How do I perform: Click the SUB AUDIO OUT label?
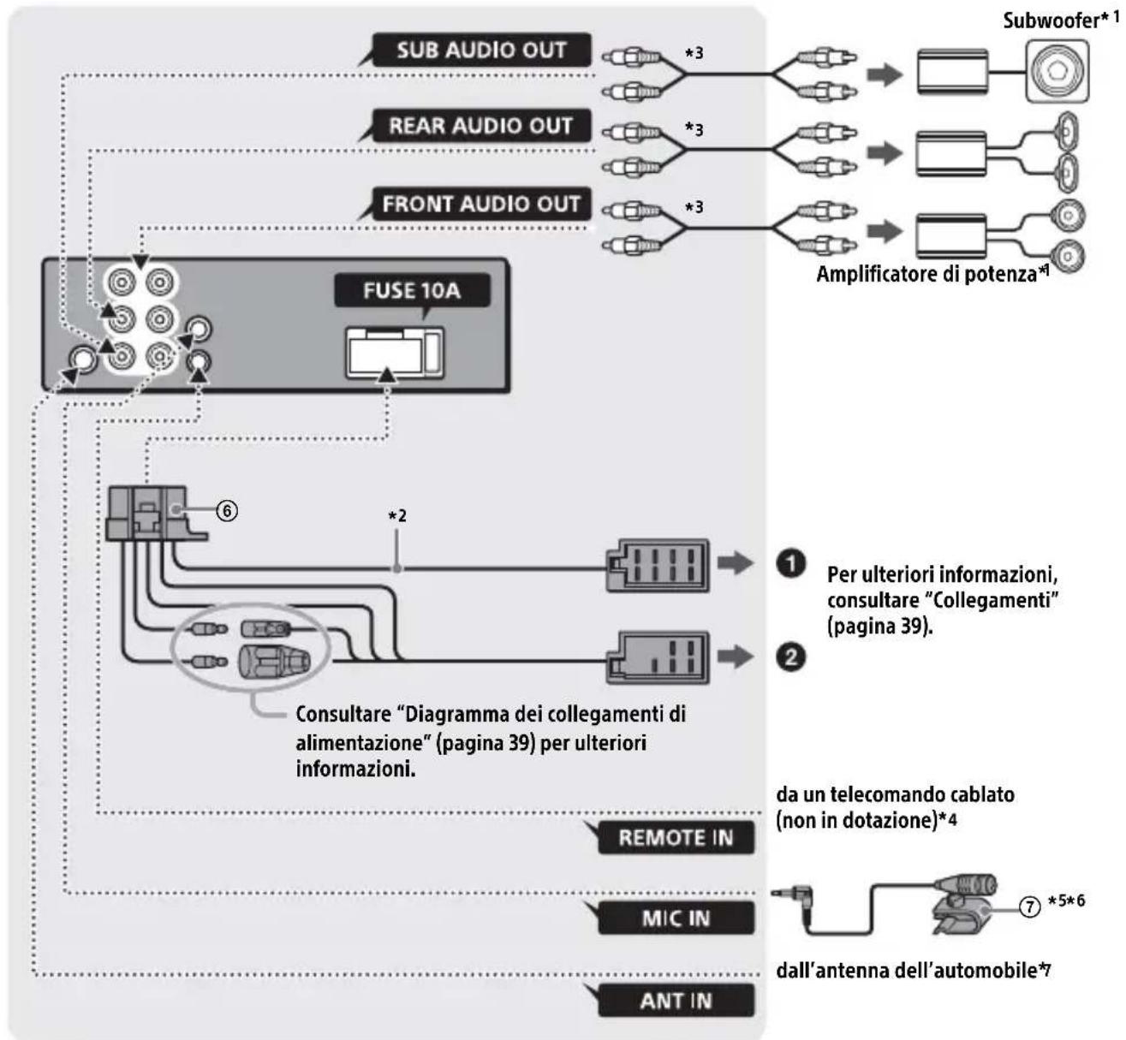[481, 50]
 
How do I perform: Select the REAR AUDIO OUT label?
[480, 125]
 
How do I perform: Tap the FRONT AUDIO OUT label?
[480, 204]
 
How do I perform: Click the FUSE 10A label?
[412, 290]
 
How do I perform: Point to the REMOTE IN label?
[676, 837]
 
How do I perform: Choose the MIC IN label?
[676, 918]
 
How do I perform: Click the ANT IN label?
[676, 1001]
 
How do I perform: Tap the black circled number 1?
[791, 564]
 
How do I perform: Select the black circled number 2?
[791, 657]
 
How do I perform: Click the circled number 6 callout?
[227, 511]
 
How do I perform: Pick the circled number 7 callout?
[1030, 906]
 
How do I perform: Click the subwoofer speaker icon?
[1057, 71]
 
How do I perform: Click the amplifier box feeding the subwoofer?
[952, 72]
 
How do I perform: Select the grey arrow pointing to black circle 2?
[736, 657]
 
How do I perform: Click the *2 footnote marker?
[396, 516]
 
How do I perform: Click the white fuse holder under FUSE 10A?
[396, 354]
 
